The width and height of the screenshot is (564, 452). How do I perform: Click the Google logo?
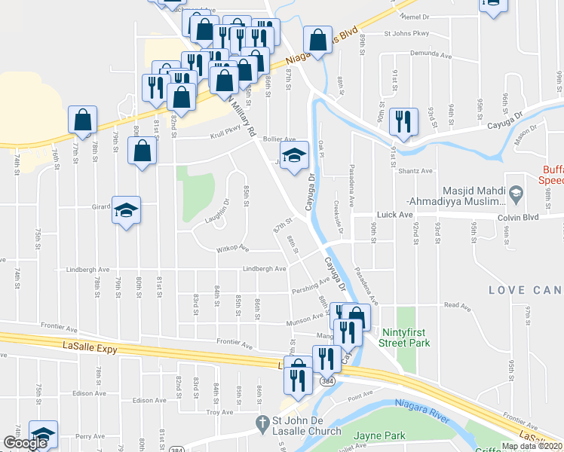[x=25, y=443]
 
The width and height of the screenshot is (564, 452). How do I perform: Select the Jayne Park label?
[x=380, y=435]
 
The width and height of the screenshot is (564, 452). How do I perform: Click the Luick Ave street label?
[x=395, y=215]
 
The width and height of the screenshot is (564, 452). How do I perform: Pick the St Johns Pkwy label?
[x=406, y=33]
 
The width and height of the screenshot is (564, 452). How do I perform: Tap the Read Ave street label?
[x=457, y=306]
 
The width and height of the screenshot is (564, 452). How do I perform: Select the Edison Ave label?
[x=88, y=393]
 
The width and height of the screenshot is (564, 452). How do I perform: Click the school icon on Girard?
[x=126, y=210]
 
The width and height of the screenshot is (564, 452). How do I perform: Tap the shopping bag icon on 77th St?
[x=82, y=120]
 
